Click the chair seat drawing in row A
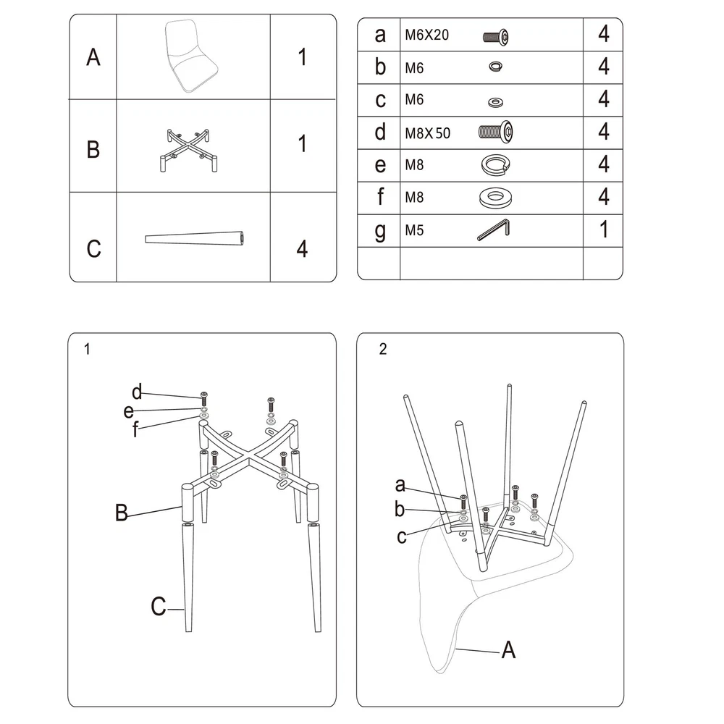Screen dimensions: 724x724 click(x=192, y=56)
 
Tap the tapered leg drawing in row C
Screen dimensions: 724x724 click(x=194, y=238)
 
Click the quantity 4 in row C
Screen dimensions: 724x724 click(x=302, y=248)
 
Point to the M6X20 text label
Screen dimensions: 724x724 click(x=428, y=35)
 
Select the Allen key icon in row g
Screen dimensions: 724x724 click(x=494, y=230)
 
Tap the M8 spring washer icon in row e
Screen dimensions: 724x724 click(x=496, y=165)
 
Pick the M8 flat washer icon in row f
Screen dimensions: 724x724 click(x=496, y=197)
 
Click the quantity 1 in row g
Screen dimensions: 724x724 click(x=604, y=230)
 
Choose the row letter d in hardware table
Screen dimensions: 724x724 click(x=380, y=132)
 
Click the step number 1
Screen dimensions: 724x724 click(x=87, y=350)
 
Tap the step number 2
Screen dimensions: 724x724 click(x=383, y=350)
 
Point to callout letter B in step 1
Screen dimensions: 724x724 click(x=122, y=514)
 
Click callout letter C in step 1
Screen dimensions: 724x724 click(x=158, y=607)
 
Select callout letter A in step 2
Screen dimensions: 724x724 click(x=509, y=650)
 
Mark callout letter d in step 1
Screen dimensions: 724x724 click(x=137, y=393)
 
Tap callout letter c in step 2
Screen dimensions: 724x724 click(x=401, y=536)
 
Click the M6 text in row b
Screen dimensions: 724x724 click(x=415, y=67)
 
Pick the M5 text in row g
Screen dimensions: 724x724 click(x=414, y=230)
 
